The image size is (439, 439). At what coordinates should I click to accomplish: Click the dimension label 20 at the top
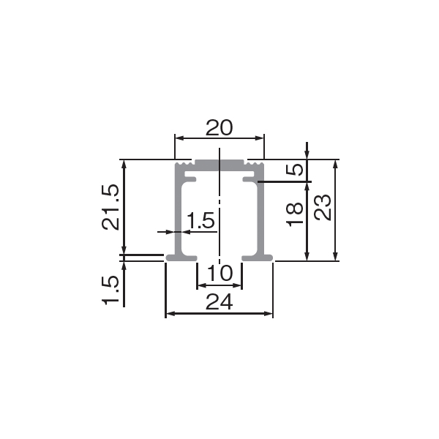coord(219,127)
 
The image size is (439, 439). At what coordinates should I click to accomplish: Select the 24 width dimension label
coord(219,301)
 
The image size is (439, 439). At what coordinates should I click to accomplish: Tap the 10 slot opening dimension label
coord(219,273)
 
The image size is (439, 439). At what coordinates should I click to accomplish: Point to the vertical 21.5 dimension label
coord(110,207)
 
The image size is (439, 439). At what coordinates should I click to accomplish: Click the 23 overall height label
coord(323,207)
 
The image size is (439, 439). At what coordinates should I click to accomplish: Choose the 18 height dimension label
coord(295,214)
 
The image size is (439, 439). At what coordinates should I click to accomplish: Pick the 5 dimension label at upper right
coord(295,170)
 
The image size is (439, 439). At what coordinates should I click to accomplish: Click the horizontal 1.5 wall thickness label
coord(200,220)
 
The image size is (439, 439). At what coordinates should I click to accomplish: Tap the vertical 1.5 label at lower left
coord(110,290)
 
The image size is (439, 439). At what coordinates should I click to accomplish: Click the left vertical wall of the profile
coord(178,213)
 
